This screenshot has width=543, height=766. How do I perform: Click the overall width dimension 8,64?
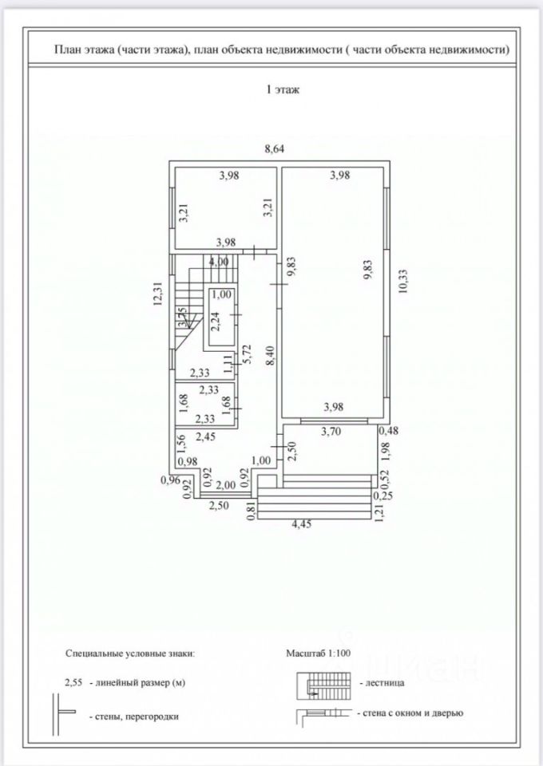coord(275,148)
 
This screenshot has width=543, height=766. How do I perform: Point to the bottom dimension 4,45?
coord(300,524)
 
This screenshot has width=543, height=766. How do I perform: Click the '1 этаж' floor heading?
coord(282,90)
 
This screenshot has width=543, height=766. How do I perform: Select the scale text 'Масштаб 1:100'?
coord(319,652)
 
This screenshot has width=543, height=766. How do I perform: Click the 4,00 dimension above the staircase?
coord(218,262)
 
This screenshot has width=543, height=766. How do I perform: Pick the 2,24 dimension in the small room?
coord(215,321)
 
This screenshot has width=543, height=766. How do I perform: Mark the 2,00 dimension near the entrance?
coord(226,484)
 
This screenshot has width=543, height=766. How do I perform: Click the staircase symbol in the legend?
coord(323,685)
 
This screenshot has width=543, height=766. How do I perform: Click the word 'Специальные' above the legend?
coord(93,653)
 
